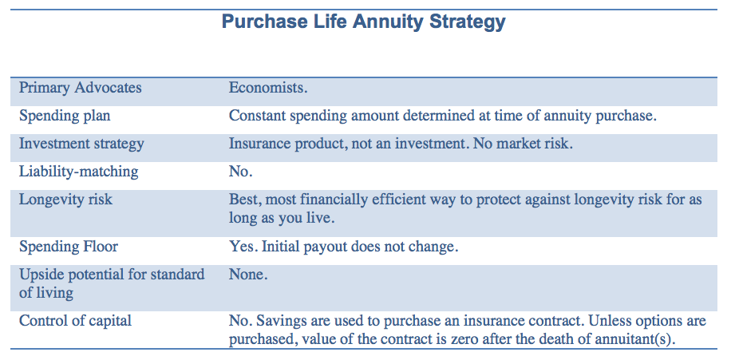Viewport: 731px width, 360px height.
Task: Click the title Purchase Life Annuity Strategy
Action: pos(364,22)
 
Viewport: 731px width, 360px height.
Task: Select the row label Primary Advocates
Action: pos(80,88)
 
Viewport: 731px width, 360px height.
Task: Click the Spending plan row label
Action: pos(65,116)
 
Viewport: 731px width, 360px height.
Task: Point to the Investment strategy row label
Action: pos(81,144)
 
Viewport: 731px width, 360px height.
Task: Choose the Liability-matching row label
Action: pos(78,171)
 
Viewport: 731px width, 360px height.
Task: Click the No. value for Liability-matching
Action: pos(240,171)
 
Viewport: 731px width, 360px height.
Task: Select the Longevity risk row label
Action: pos(65,199)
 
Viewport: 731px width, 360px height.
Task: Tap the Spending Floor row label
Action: pos(69,247)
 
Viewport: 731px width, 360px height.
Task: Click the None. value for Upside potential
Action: pos(248,275)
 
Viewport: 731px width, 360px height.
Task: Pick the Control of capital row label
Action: pos(75,321)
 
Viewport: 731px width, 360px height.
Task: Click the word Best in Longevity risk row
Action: pos(243,199)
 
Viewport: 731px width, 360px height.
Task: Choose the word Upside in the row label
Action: pos(41,275)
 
